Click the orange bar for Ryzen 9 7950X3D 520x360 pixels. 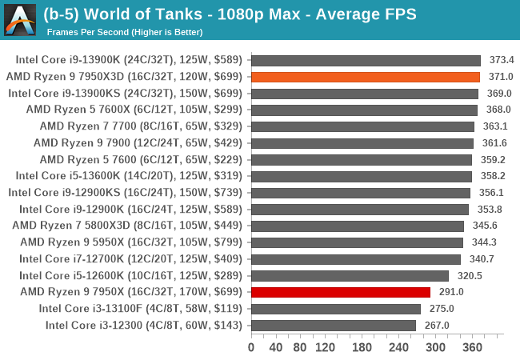pos(366,77)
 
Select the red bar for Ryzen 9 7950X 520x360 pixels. pos(341,292)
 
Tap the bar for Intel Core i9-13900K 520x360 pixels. pos(366,60)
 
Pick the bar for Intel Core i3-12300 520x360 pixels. pos(334,325)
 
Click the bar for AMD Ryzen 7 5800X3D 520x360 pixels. pos(358,226)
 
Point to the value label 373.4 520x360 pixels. pos(501,60)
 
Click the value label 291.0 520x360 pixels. pos(451,292)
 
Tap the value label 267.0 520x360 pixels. pos(436,325)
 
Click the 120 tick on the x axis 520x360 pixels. pos(325,347)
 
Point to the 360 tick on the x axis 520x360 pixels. pos(473,347)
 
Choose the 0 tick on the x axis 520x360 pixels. pos(251,347)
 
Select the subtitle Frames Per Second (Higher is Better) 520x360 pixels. pos(124,32)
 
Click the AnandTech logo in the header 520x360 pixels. pos(21,19)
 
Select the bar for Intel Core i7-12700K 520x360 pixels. pos(356,258)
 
